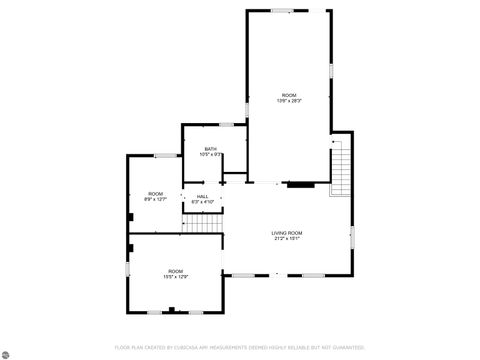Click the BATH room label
[x=211, y=149]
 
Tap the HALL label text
[x=202, y=197]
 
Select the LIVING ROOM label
[x=287, y=233]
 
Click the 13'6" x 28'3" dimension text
[x=289, y=101]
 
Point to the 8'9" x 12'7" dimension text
[x=156, y=199]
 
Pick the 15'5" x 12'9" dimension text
[x=176, y=277]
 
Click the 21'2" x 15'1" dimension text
[x=287, y=239]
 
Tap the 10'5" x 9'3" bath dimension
[x=211, y=155]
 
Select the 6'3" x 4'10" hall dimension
[x=202, y=203]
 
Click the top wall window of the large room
[x=282, y=11]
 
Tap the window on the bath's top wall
[x=226, y=125]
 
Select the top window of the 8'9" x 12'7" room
[x=167, y=155]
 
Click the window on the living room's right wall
[x=353, y=235]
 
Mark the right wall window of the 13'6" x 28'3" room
[x=331, y=75]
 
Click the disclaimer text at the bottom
[x=239, y=347]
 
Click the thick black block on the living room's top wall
[x=300, y=184]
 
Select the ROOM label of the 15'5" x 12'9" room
[x=176, y=271]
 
